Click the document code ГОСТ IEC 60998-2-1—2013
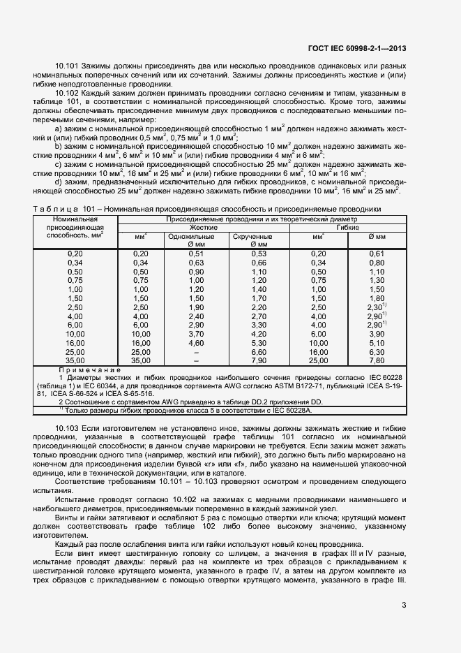pyautogui.click(x=357, y=48)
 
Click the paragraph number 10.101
pyautogui.click(x=67, y=66)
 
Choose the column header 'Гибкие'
pyautogui.click(x=347, y=228)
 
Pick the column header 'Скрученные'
pyautogui.click(x=252, y=237)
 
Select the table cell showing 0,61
pyautogui.click(x=377, y=254)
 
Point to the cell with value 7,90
pyautogui.click(x=259, y=361)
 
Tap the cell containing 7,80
pyautogui.click(x=377, y=361)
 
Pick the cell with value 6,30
pyautogui.click(x=377, y=352)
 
